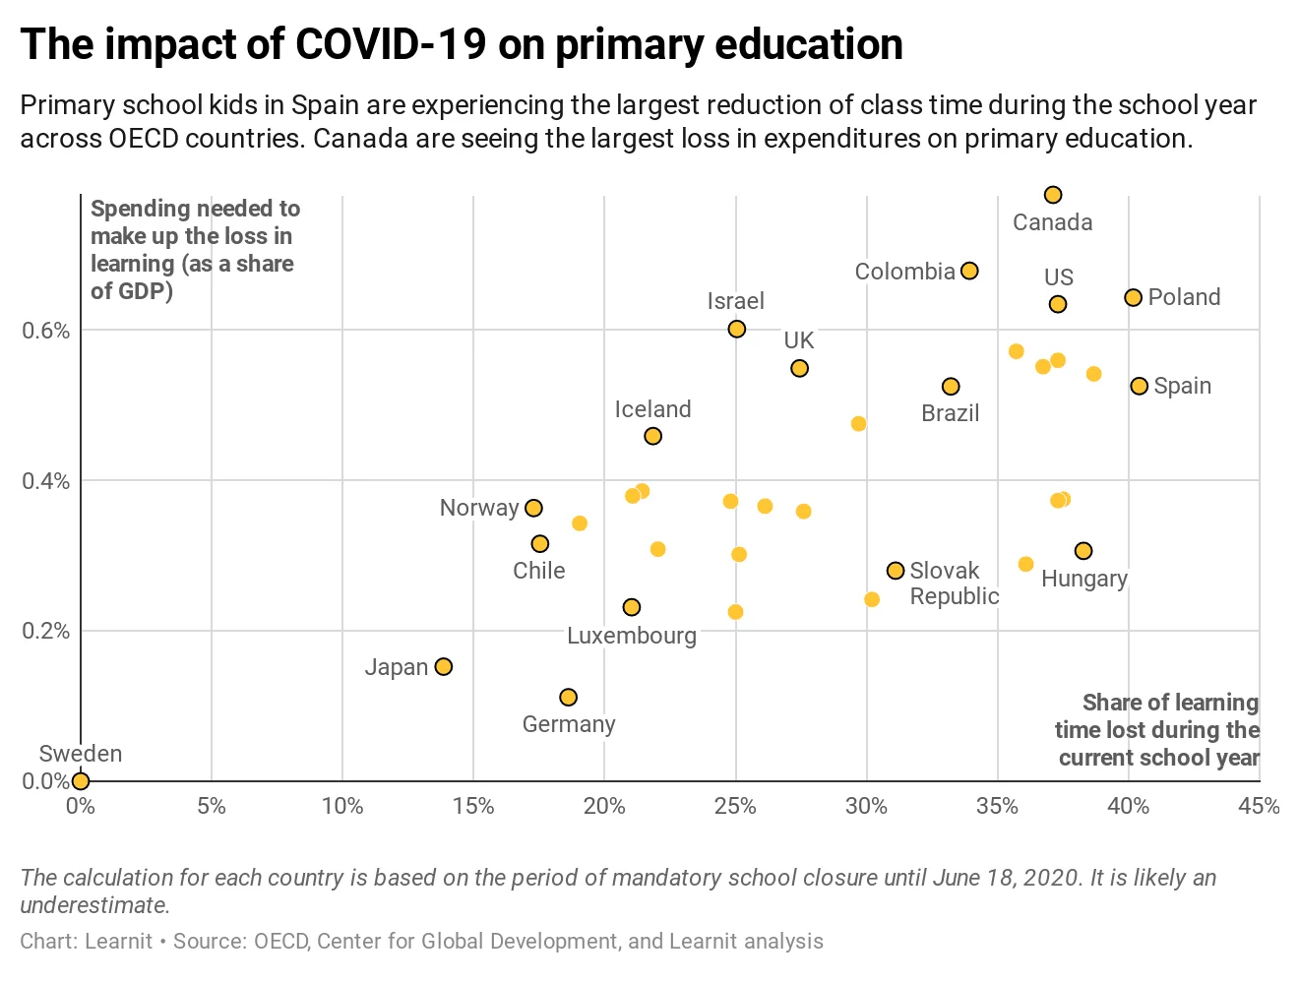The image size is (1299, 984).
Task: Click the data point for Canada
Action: click(1053, 195)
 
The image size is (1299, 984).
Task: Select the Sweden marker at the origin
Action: click(81, 781)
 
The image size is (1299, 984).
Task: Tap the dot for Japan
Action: click(444, 667)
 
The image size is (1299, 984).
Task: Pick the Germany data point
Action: click(568, 698)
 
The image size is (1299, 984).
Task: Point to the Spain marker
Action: click(1139, 386)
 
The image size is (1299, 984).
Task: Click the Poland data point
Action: click(1133, 297)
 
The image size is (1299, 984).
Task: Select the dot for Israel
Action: click(737, 329)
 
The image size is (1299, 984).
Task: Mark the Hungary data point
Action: click(1083, 551)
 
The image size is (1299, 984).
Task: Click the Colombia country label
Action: click(904, 272)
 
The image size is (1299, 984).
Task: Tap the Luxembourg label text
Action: click(632, 636)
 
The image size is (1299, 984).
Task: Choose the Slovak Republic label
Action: click(954, 584)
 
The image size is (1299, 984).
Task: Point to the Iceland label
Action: click(652, 409)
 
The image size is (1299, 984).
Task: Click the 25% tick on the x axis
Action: click(735, 807)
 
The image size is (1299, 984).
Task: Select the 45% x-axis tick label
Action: click(1259, 807)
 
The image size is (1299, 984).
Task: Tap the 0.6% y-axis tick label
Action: click(46, 331)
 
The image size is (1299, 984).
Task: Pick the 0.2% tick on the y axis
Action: click(46, 631)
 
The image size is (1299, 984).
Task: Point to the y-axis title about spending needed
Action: click(194, 250)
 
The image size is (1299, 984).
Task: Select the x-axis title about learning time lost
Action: click(1157, 730)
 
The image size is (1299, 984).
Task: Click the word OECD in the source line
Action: click(280, 942)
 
